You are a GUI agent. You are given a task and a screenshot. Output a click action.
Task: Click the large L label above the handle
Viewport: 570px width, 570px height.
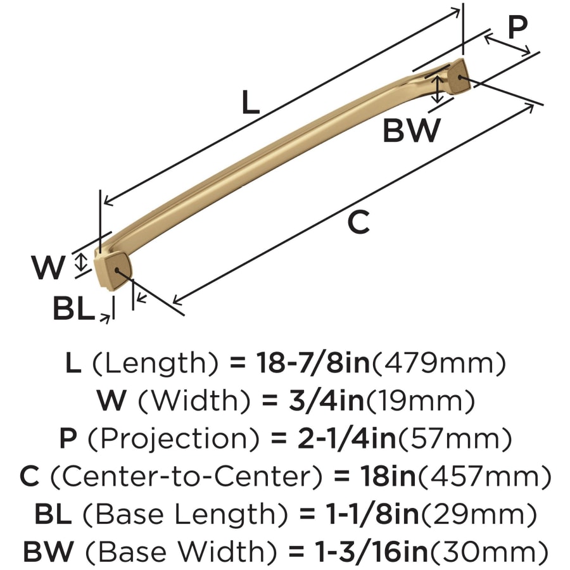[250, 102]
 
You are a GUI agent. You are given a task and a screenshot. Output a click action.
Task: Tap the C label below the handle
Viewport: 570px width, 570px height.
[358, 222]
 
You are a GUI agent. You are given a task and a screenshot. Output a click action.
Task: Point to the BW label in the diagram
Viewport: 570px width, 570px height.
[412, 130]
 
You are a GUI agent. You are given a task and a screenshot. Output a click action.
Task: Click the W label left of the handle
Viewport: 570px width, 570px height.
[49, 267]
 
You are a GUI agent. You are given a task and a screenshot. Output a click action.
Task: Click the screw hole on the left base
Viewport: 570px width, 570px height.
[117, 270]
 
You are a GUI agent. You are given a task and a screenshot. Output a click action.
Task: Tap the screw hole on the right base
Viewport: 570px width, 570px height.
[460, 77]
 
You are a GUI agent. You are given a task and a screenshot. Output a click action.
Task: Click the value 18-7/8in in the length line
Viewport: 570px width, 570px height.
[313, 363]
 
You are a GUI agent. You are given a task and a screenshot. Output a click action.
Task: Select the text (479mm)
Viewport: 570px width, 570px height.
[439, 363]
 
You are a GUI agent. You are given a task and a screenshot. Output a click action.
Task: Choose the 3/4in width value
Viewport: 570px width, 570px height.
[326, 400]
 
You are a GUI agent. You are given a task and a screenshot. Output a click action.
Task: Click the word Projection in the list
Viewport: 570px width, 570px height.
[174, 438]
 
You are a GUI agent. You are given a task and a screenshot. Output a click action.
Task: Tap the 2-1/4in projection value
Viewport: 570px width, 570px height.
[346, 438]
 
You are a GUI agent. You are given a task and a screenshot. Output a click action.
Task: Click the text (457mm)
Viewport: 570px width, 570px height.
[485, 476]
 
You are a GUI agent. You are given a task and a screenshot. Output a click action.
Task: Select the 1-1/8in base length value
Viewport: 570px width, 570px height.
[373, 514]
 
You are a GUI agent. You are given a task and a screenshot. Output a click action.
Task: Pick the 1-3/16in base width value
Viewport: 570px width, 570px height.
[371, 551]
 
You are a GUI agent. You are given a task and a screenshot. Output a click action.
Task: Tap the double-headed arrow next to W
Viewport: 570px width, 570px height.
[82, 262]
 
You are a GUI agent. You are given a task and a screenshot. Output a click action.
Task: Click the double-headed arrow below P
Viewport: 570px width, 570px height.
[507, 45]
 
